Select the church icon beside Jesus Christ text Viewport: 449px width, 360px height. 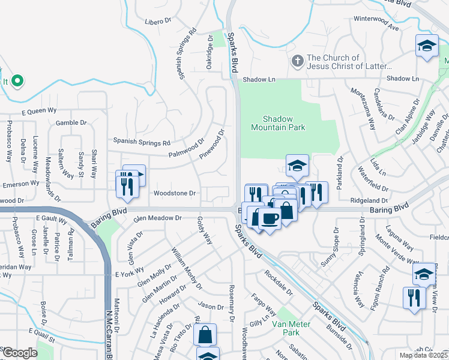point(297,61)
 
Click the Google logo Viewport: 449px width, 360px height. point(20,353)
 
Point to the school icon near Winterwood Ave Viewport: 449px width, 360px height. point(426,46)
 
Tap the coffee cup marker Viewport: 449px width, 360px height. point(270,219)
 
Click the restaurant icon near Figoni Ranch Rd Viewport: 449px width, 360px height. point(413,298)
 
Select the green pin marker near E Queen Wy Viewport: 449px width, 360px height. point(17,81)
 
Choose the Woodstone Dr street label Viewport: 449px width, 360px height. point(175,193)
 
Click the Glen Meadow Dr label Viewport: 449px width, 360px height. point(157,218)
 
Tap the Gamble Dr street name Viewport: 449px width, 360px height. point(71,122)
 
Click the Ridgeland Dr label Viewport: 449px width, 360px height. point(366,200)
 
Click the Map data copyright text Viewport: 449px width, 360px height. point(424,355)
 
